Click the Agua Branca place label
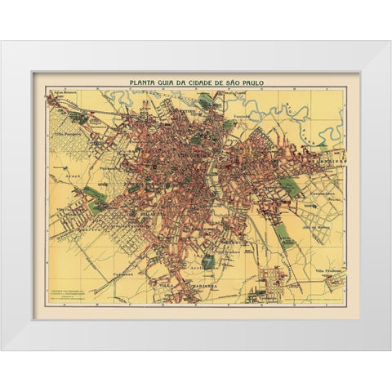pyautogui.click(x=65, y=94)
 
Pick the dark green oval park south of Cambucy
pyautogui.click(x=208, y=261)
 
